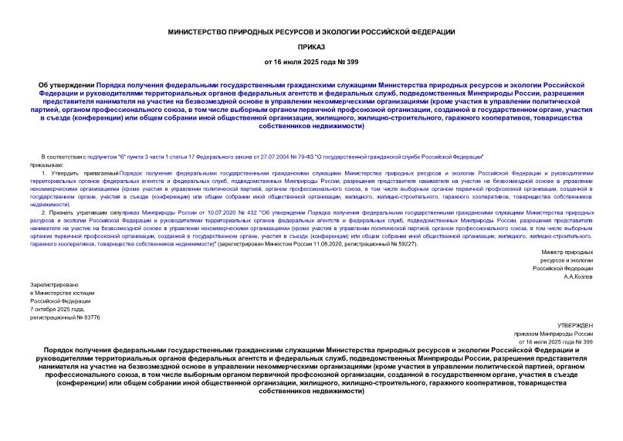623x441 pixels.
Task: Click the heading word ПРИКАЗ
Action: coord(311,46)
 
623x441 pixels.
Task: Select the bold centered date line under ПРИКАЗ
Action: coord(311,61)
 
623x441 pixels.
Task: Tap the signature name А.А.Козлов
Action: coord(577,276)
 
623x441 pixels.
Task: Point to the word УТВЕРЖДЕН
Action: coord(575,327)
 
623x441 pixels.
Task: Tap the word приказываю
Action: coord(47,165)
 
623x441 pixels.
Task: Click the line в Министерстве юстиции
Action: coord(62,293)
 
